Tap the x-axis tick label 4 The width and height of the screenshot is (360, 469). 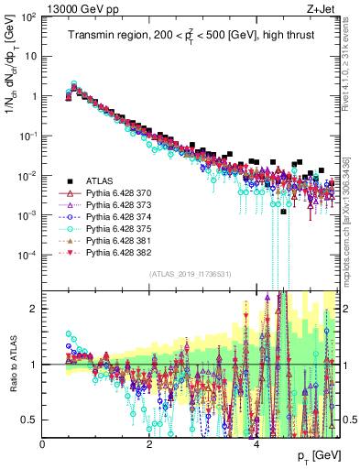click(x=256, y=443)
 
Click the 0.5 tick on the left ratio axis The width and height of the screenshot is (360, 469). click(x=30, y=420)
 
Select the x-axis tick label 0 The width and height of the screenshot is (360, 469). click(x=43, y=443)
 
